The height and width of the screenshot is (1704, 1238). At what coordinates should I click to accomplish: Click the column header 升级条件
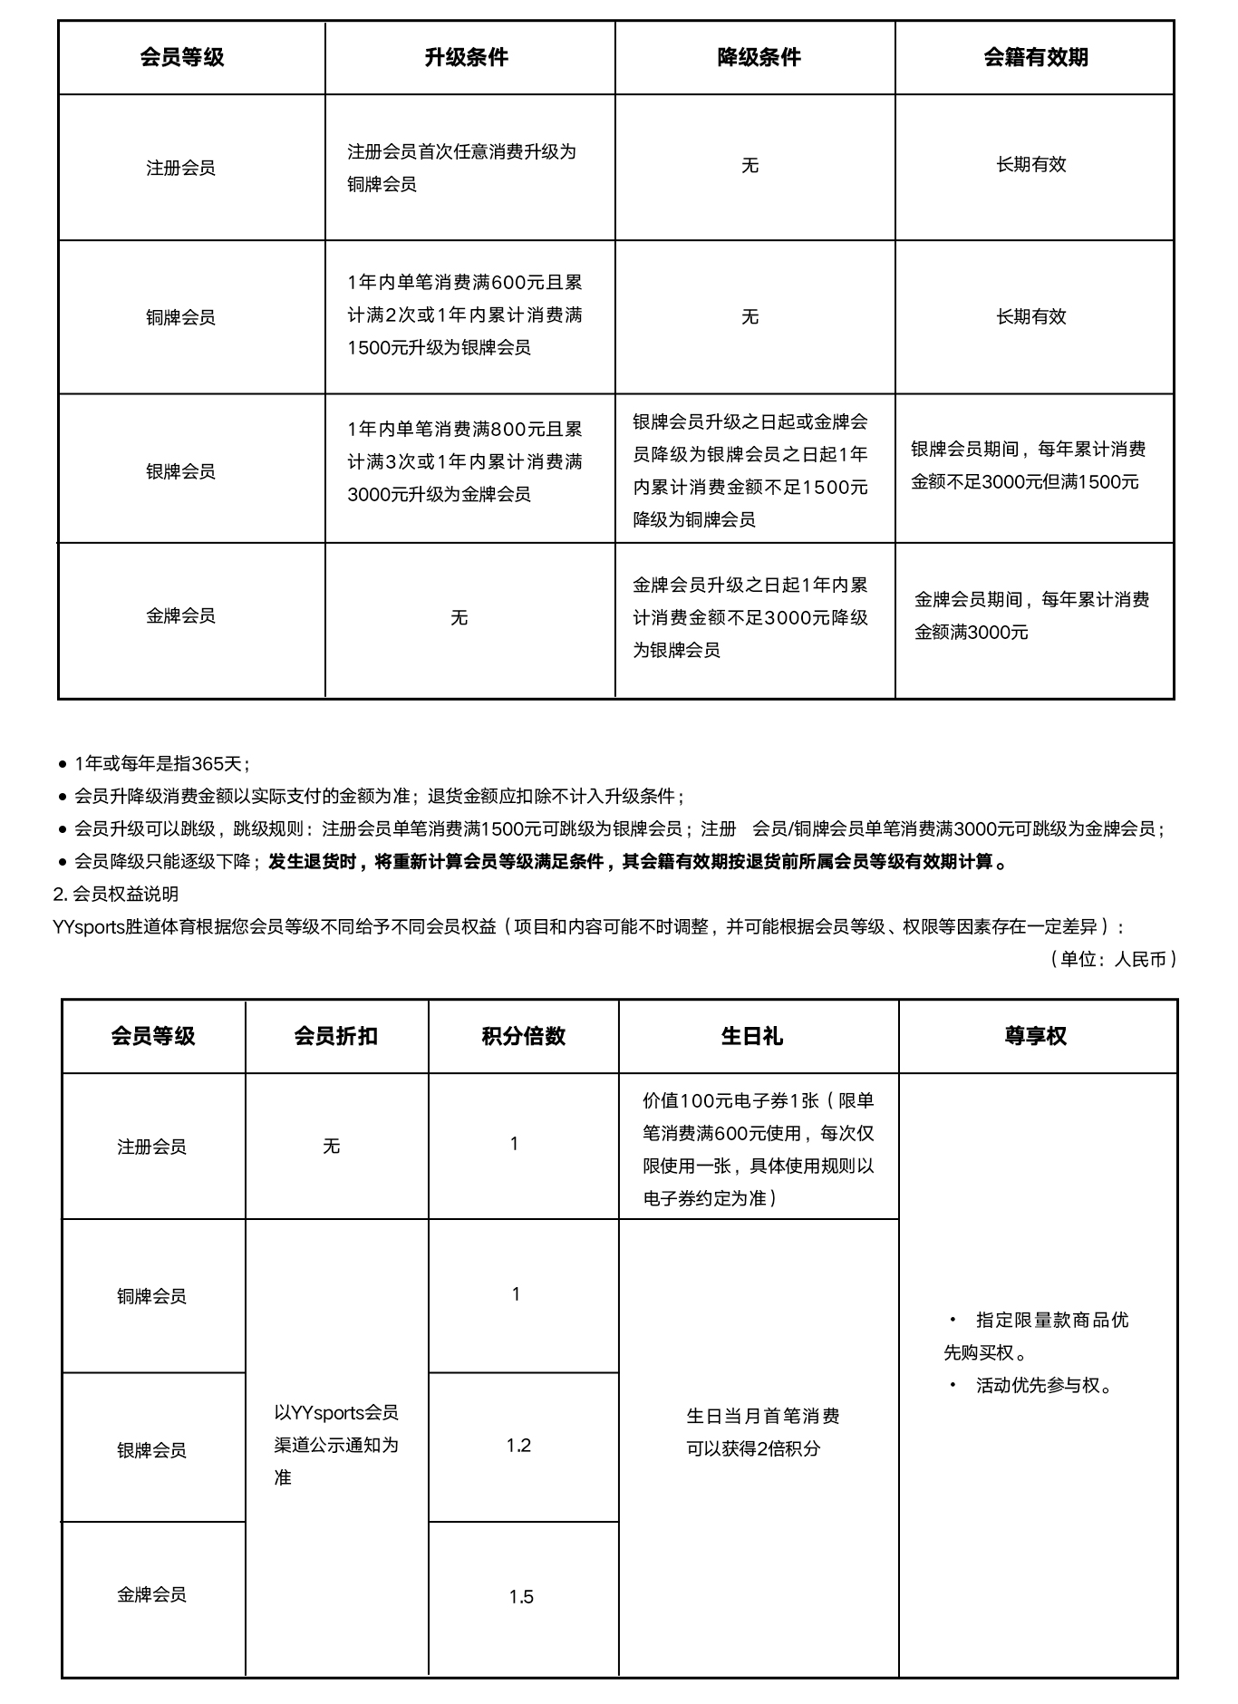coord(466,57)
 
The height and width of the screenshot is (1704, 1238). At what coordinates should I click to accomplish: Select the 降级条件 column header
coord(759,57)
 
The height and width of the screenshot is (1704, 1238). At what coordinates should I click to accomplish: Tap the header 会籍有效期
coord(1035,57)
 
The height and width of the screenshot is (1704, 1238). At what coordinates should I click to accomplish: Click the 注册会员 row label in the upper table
coord(180,168)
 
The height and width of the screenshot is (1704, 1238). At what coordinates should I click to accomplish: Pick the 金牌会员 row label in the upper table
coord(180,616)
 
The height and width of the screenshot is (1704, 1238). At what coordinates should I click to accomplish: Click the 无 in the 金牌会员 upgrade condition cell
coord(459,618)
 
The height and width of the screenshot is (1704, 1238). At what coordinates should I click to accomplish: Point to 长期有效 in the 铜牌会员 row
coord(1030,316)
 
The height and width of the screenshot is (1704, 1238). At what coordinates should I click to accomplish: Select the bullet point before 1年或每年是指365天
coord(63,764)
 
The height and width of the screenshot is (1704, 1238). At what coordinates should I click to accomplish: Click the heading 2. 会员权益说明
coord(116,894)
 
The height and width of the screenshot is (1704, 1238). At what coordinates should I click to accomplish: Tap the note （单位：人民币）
coord(1113,959)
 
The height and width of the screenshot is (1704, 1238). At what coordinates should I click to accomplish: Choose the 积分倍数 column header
coord(523,1036)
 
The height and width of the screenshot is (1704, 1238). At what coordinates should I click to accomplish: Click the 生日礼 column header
coord(751,1036)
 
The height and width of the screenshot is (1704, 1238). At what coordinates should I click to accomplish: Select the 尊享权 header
coord(1035,1036)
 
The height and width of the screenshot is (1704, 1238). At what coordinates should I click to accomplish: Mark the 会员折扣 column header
coord(335,1036)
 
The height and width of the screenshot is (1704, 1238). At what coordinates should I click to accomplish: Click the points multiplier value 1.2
coord(518,1445)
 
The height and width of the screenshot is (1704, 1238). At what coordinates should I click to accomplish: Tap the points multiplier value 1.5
coord(520,1597)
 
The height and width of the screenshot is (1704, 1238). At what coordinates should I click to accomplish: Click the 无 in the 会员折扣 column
coord(331,1147)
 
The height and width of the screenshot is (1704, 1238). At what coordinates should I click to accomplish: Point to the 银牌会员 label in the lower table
coord(151,1450)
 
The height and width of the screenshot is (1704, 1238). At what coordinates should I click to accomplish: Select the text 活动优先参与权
coord(1042,1385)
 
